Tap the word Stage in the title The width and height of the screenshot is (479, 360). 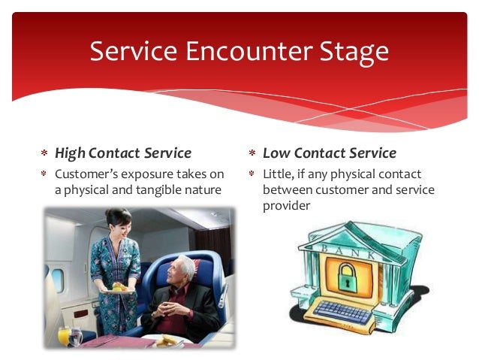coord(350,51)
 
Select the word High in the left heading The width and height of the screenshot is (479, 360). coord(70,153)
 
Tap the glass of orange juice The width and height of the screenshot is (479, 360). coord(64,334)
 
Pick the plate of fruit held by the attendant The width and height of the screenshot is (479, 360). coord(118,286)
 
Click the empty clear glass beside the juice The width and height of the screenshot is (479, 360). coord(76,336)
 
